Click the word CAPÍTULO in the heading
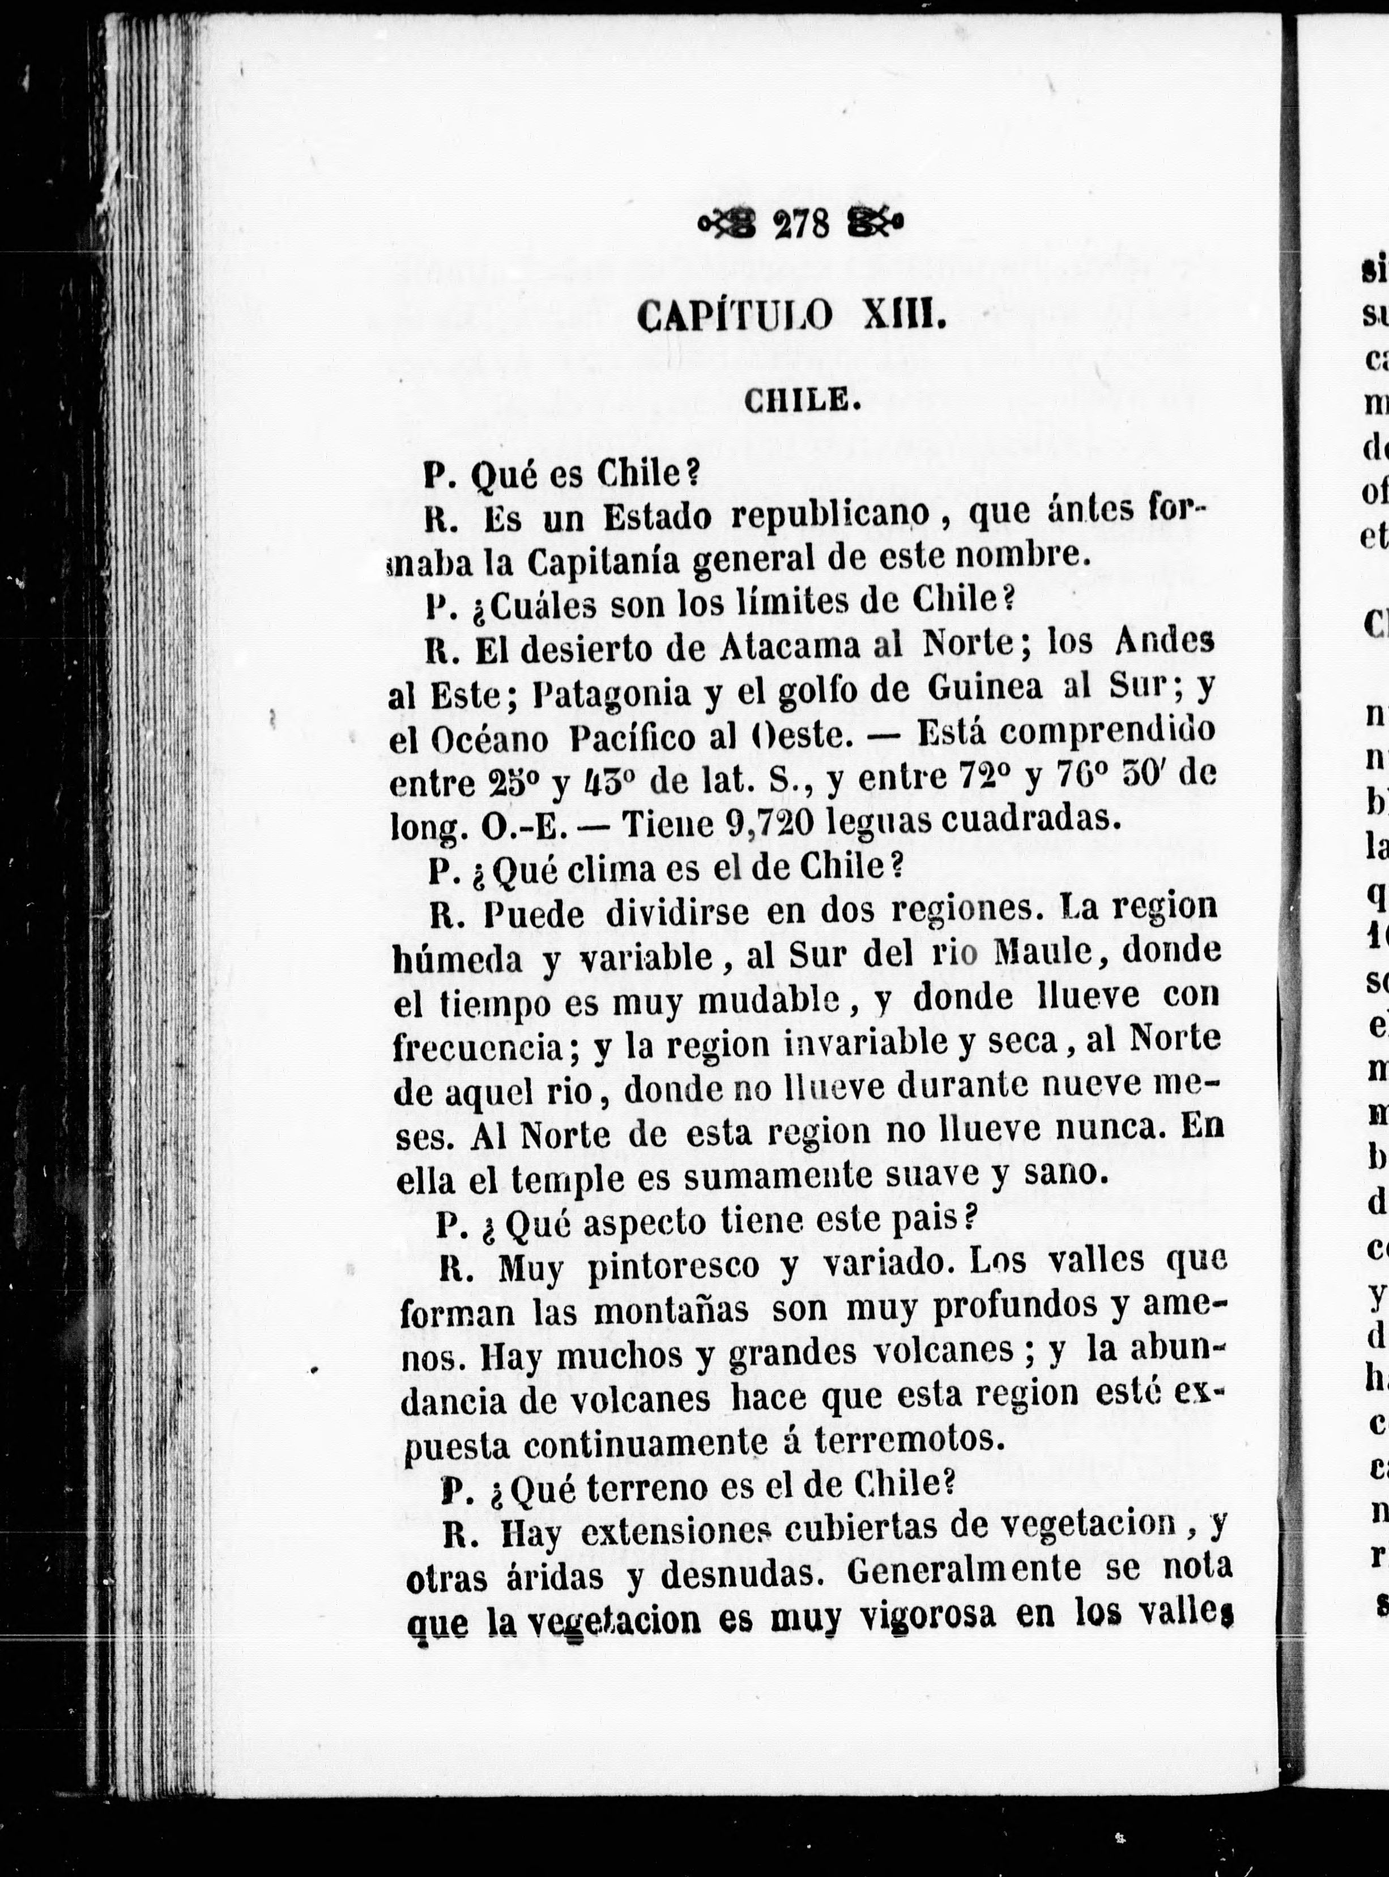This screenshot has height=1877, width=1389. (735, 317)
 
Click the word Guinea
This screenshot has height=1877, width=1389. (985, 688)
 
